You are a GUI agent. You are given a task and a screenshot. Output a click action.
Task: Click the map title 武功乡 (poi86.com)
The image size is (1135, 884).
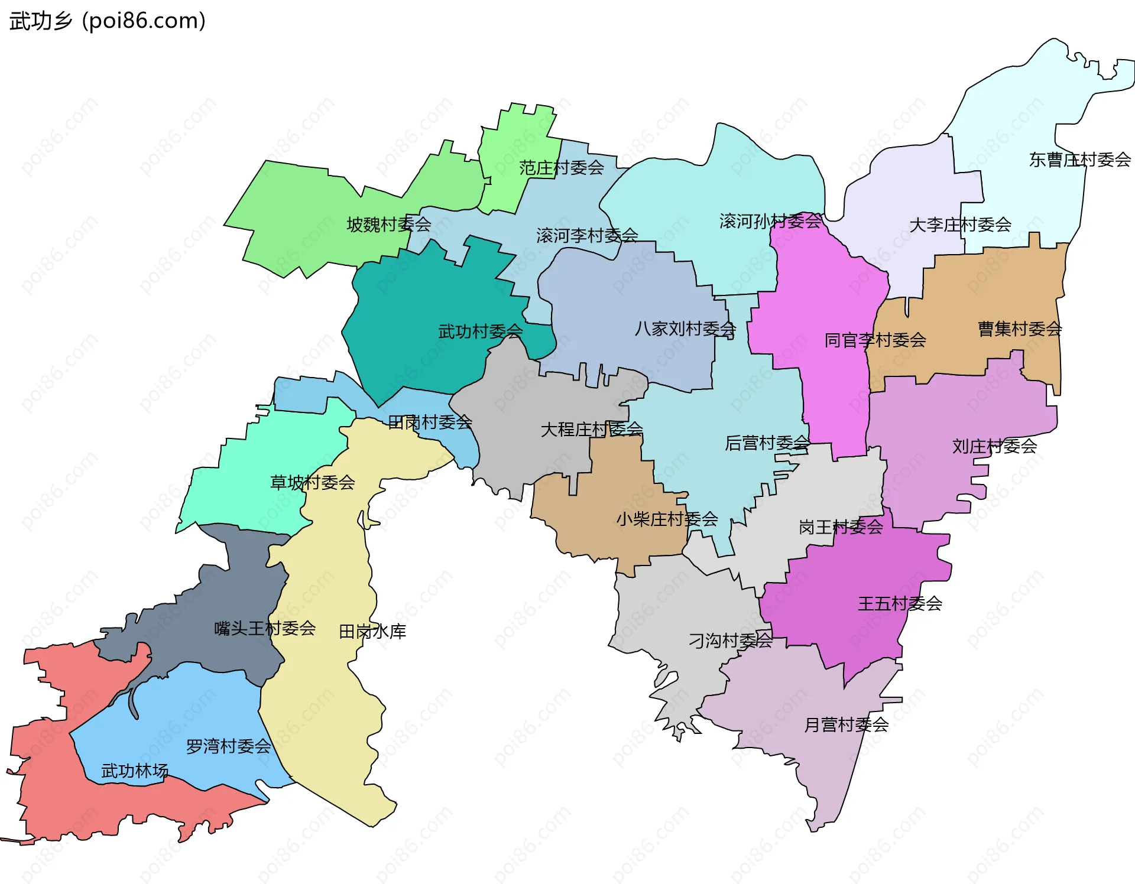click(x=108, y=21)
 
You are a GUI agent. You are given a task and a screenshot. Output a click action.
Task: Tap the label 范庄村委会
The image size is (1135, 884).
click(x=561, y=168)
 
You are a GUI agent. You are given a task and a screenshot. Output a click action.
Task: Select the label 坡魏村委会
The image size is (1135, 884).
click(x=388, y=225)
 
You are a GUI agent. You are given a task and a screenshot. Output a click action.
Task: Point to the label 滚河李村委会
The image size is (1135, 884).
click(x=586, y=236)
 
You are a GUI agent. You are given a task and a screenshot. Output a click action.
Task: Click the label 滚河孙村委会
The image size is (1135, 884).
click(x=770, y=222)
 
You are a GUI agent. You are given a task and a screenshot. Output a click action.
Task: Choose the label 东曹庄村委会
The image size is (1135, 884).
click(x=1079, y=160)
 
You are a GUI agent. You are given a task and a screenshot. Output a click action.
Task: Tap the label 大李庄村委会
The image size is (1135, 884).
click(x=959, y=225)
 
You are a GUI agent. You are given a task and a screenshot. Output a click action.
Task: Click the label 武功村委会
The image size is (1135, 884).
click(x=480, y=331)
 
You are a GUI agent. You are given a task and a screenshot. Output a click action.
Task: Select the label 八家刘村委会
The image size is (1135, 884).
click(x=685, y=329)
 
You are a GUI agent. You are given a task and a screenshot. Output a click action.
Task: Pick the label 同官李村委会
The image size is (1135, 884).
click(x=875, y=340)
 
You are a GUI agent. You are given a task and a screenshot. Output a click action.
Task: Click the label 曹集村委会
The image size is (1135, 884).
click(x=1019, y=329)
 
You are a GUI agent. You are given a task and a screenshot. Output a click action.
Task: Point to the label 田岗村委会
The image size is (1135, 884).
click(x=430, y=422)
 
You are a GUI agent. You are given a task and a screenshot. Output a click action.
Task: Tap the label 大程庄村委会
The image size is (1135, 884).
click(x=591, y=430)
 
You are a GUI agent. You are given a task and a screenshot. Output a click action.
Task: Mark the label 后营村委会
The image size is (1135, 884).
click(x=767, y=443)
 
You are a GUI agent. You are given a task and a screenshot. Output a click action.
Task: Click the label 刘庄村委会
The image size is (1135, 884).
click(x=994, y=446)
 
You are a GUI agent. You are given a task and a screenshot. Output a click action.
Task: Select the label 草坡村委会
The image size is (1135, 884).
click(x=312, y=483)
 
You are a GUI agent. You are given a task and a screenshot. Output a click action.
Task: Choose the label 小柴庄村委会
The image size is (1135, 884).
click(x=666, y=519)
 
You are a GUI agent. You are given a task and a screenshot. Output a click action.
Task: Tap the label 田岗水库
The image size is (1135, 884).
click(x=372, y=632)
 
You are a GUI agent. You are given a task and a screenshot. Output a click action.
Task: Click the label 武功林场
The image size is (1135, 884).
click(x=134, y=771)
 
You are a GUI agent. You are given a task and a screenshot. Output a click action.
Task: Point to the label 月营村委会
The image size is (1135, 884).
click(x=846, y=725)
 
